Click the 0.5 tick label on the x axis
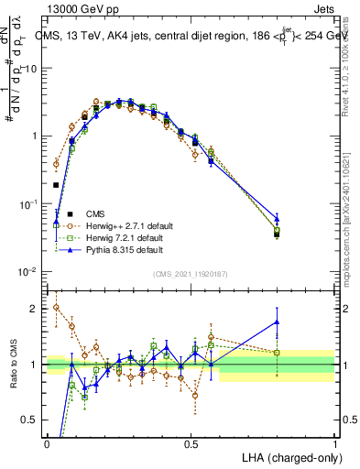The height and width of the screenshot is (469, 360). (x=191, y=443)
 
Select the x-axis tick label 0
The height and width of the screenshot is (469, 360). (x=47, y=443)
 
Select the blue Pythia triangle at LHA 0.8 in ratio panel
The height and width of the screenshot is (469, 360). (x=277, y=322)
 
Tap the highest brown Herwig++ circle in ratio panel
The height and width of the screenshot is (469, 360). (x=56, y=308)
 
